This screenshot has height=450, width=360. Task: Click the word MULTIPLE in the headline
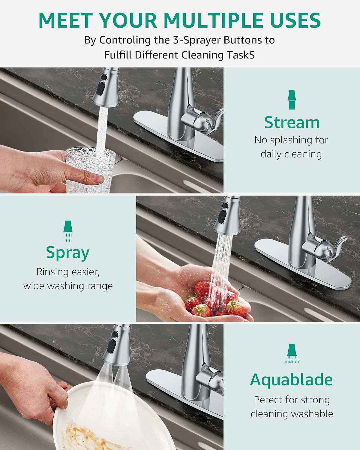(213, 20)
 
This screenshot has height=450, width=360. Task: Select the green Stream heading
(292, 122)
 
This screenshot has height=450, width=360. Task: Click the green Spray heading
(68, 253)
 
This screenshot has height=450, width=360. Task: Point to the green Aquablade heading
(291, 380)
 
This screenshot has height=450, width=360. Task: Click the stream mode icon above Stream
(292, 100)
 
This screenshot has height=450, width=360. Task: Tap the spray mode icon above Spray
(68, 231)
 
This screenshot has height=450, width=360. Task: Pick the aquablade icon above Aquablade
(292, 354)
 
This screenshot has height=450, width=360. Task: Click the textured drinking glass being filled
(90, 170)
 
